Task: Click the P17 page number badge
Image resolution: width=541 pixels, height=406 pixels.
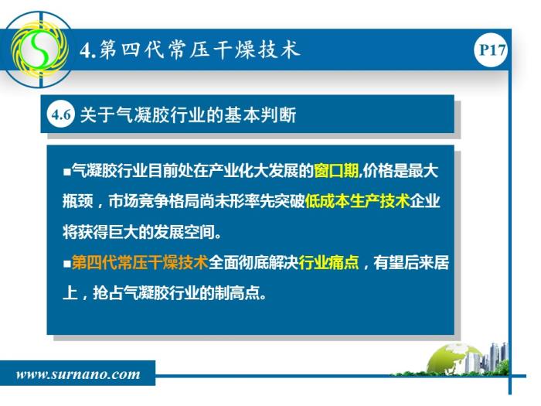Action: coord(492,50)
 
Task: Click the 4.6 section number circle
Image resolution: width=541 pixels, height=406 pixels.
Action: coord(61,114)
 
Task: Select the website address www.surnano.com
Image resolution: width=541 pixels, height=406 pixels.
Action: coord(78,374)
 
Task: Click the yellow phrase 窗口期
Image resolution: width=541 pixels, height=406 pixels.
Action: coord(336,171)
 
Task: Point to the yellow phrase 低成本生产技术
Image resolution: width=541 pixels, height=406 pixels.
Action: coord(357,201)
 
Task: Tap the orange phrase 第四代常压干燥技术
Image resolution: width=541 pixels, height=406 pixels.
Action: coord(140,262)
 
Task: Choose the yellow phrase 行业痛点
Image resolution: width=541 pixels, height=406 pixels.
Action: coord(328,262)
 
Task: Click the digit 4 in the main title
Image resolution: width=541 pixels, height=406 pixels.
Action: coord(85,50)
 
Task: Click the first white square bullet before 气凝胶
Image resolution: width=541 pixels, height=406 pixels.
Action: coord(67,172)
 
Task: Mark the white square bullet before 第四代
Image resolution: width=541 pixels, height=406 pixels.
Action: coord(67,264)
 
